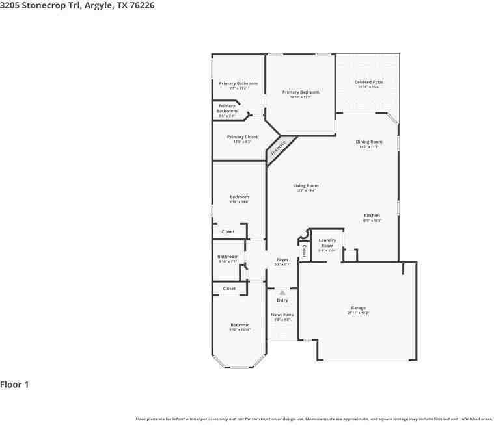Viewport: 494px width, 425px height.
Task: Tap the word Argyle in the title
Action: click(x=99, y=5)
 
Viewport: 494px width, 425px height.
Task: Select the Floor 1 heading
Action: click(x=15, y=385)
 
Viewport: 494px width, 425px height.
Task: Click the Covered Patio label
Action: click(x=368, y=82)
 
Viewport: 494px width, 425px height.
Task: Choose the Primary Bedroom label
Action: click(x=300, y=92)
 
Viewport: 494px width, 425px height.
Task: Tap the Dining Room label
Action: click(x=368, y=142)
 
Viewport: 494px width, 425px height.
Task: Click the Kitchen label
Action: click(x=372, y=215)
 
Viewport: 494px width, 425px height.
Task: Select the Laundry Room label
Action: click(x=327, y=243)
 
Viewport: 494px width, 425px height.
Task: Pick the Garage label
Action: click(x=358, y=308)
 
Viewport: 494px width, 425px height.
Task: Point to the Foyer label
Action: click(x=282, y=259)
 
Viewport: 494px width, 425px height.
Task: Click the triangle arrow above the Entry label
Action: click(x=282, y=293)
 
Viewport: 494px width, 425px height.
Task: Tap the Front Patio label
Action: click(x=282, y=315)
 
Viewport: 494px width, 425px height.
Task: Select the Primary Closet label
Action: click(x=242, y=137)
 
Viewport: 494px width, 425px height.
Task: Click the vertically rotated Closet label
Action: click(x=304, y=250)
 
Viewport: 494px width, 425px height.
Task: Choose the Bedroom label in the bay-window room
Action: click(x=240, y=325)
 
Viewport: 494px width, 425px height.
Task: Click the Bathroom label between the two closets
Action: click(x=228, y=257)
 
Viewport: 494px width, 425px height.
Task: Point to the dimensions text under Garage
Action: click(x=358, y=313)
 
